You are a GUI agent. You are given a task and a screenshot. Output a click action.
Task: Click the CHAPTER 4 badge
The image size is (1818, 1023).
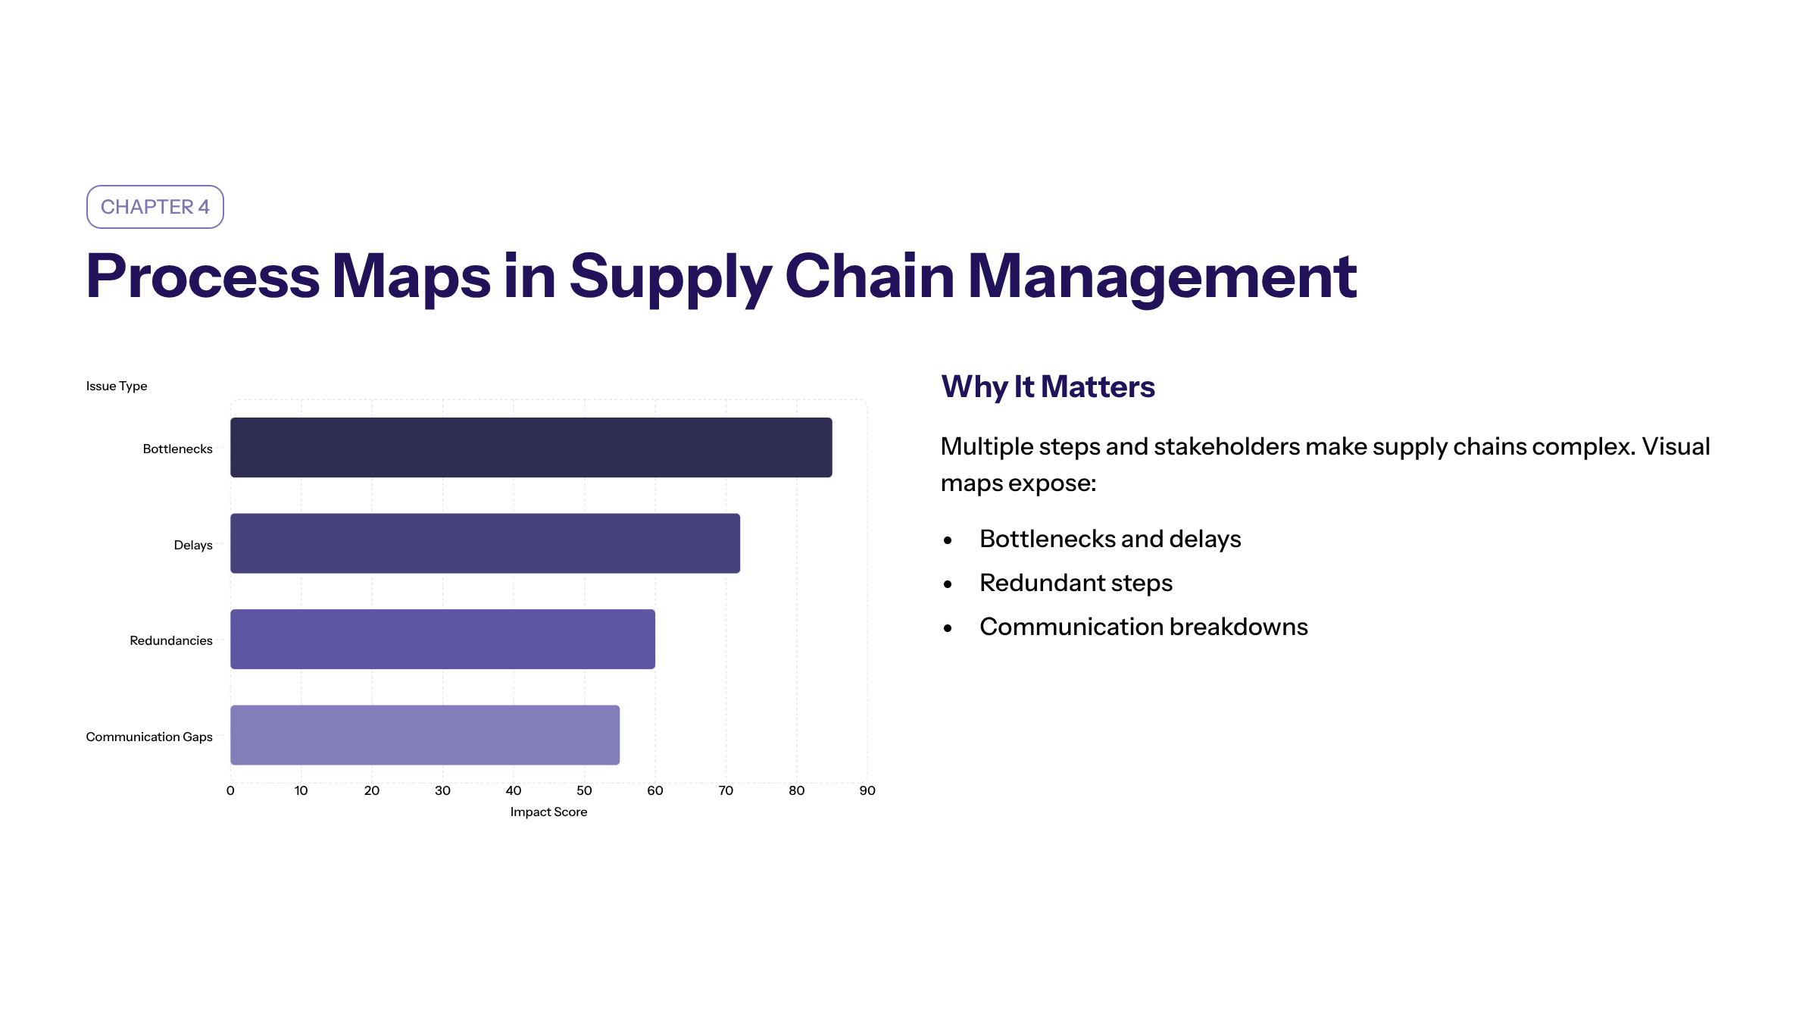pyautogui.click(x=155, y=207)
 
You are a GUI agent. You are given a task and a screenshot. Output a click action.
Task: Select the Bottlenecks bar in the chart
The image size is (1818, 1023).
pyautogui.click(x=531, y=447)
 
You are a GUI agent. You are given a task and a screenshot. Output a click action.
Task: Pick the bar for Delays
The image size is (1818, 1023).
pyautogui.click(x=485, y=543)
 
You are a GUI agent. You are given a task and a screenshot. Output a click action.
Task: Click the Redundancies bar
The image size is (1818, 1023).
pyautogui.click(x=442, y=639)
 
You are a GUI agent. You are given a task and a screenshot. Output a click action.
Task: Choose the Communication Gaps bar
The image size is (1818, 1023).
pyautogui.click(x=425, y=735)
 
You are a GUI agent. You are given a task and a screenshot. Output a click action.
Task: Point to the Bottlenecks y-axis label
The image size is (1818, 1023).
pyautogui.click(x=177, y=449)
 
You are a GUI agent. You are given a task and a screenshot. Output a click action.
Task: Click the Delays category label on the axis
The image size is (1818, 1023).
pyautogui.click(x=193, y=546)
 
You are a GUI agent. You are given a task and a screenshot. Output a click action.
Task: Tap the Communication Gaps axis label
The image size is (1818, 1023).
pyautogui.click(x=149, y=737)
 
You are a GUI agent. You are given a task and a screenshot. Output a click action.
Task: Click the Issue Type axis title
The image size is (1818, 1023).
pyautogui.click(x=117, y=386)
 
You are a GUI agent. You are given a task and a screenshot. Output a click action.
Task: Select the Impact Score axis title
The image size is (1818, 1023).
pyautogui.click(x=548, y=812)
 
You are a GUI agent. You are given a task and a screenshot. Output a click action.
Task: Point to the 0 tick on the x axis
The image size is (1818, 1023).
pyautogui.click(x=230, y=790)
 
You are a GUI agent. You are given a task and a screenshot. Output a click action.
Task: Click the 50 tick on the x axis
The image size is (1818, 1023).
pyautogui.click(x=584, y=790)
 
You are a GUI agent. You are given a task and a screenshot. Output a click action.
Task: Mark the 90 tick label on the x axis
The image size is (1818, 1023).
pyautogui.click(x=867, y=790)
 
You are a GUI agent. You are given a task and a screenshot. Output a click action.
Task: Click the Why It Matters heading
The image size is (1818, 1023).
pyautogui.click(x=1048, y=386)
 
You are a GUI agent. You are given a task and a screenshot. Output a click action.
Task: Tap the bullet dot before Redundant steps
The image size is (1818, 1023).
pyautogui.click(x=948, y=584)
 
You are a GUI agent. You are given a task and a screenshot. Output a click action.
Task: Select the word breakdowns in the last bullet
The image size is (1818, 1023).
pyautogui.click(x=1239, y=627)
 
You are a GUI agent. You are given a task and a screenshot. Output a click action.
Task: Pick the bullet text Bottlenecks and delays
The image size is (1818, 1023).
pyautogui.click(x=1110, y=539)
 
